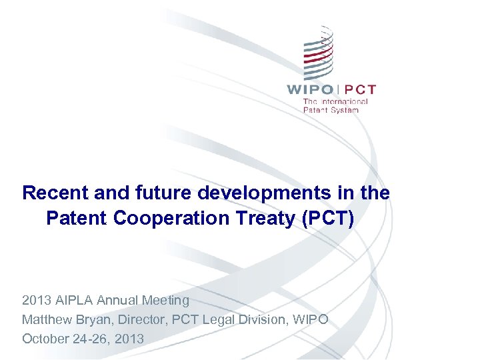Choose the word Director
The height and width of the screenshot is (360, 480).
[x=141, y=320]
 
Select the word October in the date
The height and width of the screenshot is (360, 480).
[x=45, y=339]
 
